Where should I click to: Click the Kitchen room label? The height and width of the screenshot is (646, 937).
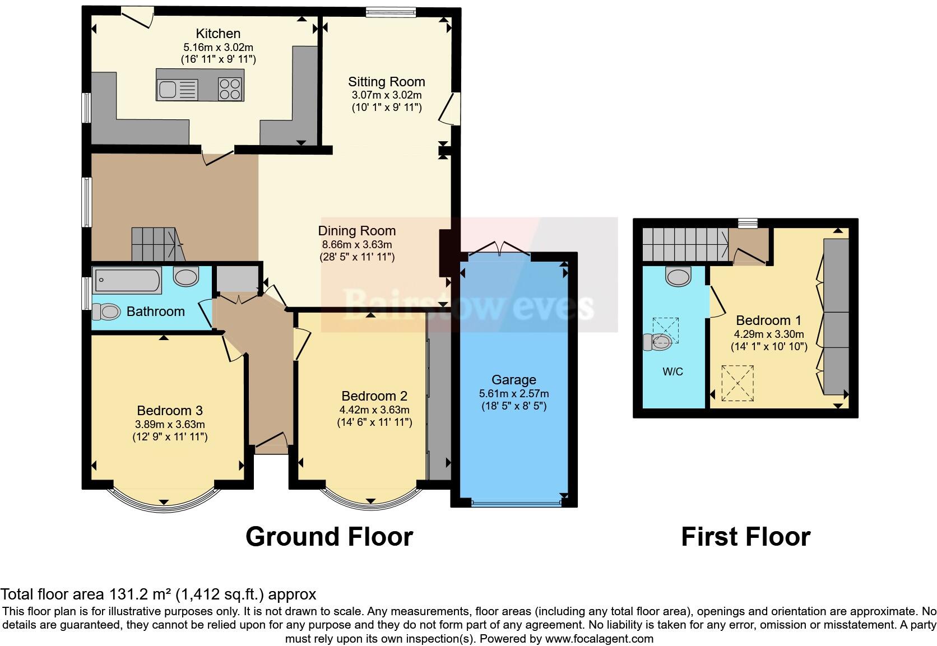click(218, 34)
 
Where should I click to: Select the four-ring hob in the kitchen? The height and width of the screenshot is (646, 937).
click(230, 89)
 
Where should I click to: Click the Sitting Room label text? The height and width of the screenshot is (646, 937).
click(386, 82)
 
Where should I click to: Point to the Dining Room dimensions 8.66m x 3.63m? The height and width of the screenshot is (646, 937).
click(356, 244)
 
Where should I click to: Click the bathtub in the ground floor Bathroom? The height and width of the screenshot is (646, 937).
click(128, 280)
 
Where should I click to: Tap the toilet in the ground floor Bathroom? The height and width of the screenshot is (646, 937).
click(105, 312)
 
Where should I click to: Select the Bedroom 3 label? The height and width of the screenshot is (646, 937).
click(170, 410)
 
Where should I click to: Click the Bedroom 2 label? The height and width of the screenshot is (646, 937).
click(374, 396)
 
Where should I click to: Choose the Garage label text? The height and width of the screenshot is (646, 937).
click(513, 380)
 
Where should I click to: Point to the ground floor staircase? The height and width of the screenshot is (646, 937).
click(157, 244)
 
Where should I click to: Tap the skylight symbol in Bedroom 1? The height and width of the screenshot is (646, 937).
click(737, 383)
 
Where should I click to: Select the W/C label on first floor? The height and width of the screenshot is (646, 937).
click(672, 371)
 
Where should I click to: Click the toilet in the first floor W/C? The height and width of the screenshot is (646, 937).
click(658, 342)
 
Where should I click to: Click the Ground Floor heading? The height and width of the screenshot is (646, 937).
click(329, 537)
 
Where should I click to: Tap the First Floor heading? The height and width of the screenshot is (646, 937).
click(745, 537)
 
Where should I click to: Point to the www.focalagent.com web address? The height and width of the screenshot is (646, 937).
click(599, 639)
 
